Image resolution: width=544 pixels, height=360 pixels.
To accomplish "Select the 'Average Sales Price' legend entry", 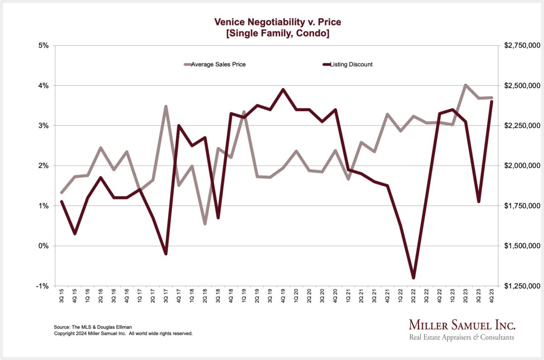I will [x=218, y=64].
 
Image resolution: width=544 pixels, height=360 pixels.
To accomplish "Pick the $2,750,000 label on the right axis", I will [x=521, y=45].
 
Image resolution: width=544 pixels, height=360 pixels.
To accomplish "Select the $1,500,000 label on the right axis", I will [x=521, y=246].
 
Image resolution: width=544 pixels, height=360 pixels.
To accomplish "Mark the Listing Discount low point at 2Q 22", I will [x=413, y=277].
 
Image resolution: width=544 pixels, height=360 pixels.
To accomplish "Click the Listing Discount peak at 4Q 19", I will [x=283, y=89].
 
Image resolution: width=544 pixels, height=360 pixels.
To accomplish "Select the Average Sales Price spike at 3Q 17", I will [x=166, y=107].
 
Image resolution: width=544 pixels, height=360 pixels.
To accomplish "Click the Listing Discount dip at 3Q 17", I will [x=166, y=253].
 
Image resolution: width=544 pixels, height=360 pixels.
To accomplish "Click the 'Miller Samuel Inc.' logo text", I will [x=462, y=325].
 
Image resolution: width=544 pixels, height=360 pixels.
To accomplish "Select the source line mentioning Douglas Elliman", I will [x=90, y=327].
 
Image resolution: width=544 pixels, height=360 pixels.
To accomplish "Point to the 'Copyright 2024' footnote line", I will [x=123, y=333].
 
